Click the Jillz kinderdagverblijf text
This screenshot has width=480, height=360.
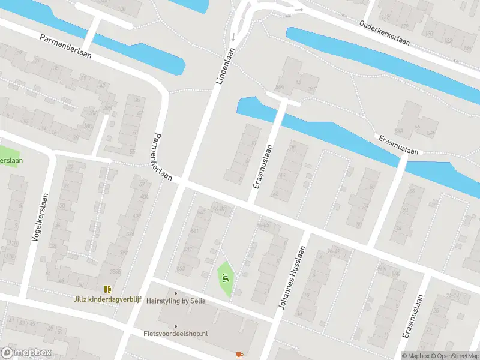coord(108,299)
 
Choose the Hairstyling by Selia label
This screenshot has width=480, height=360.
coord(176,301)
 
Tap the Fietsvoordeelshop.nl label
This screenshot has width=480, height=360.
coord(175,333)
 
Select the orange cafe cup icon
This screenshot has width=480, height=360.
coord(239,355)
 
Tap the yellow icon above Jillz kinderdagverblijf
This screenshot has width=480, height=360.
coord(107,289)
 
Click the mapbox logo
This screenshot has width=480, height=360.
coord(26,353)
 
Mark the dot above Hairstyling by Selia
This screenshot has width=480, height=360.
coord(176,293)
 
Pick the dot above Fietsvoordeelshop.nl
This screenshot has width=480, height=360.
coord(175,326)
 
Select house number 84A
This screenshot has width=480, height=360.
coord(399,131)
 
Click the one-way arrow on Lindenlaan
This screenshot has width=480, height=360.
coord(233,37)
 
